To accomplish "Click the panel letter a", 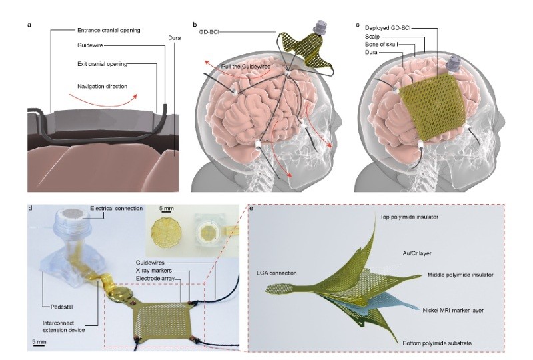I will (29, 25).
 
